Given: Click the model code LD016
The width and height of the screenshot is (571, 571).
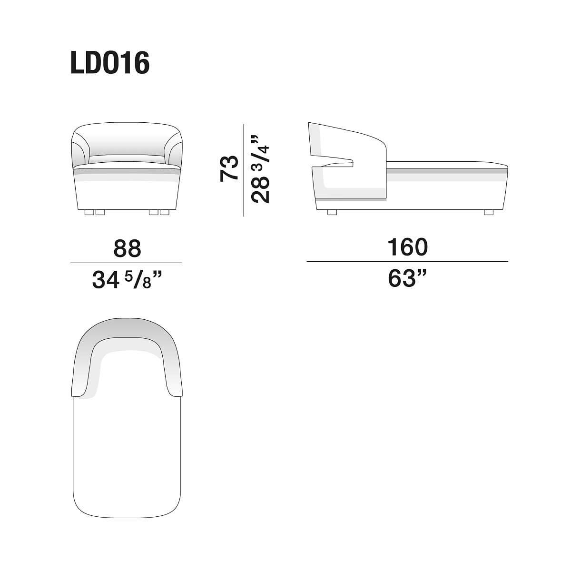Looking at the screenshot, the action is pos(110,63).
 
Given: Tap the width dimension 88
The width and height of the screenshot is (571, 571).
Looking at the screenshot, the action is pos(127,248).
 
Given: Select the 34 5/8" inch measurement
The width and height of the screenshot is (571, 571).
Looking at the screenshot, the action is pos(127,279).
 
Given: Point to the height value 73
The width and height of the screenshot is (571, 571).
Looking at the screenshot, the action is pos(229,168).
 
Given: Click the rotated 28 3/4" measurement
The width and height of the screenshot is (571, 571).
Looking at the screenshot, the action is pos(260,169).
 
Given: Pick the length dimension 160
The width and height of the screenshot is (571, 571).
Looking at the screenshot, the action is pos(407,247).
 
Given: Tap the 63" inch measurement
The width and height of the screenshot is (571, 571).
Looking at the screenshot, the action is pos(407,278).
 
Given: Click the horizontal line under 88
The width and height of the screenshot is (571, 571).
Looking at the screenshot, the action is pos(126,263).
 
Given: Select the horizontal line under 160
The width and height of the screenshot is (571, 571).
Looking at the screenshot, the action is pos(407,262).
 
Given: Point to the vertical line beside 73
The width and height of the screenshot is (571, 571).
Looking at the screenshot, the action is pos(244,170).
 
